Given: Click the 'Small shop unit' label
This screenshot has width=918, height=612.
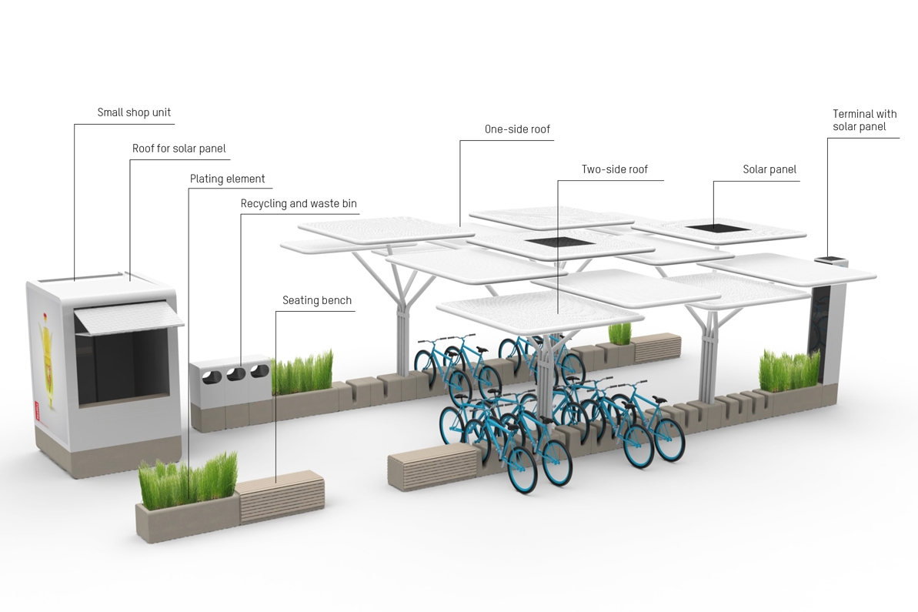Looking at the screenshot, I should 134,112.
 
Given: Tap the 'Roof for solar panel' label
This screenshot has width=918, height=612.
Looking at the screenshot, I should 179,149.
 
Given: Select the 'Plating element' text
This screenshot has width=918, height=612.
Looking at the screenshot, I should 228,179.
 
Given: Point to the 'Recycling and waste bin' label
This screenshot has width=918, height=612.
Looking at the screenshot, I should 299,204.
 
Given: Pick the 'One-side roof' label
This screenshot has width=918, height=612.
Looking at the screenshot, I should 517,129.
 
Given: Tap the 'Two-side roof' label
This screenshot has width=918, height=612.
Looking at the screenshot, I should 615,169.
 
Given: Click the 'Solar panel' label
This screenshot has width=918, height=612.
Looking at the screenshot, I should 769,169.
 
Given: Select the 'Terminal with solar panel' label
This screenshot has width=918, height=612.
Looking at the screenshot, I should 864,120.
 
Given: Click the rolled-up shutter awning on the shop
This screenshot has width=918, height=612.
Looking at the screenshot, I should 129,317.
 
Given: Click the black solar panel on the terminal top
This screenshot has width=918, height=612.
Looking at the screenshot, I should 830,259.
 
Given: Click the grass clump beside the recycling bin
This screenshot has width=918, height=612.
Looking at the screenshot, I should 302,372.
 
